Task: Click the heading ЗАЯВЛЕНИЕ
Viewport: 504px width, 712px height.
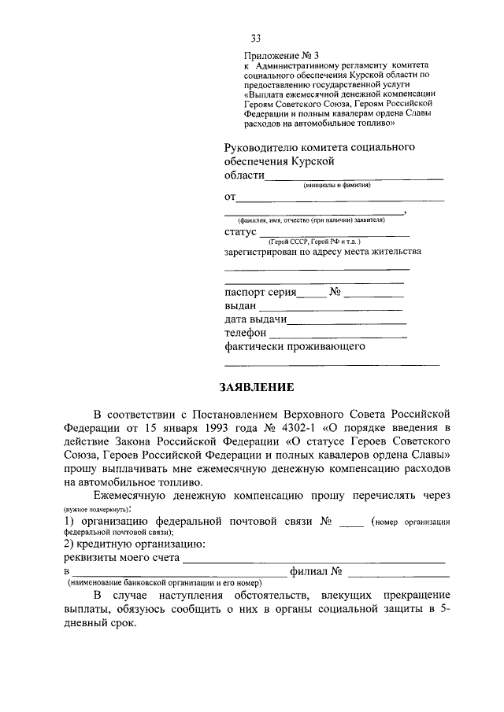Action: pos(257,387)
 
